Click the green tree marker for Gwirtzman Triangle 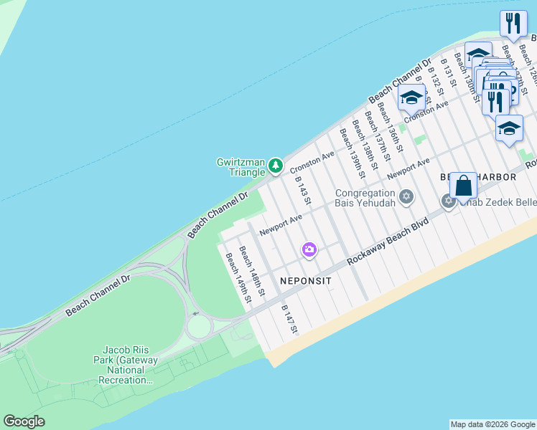[x=276, y=166]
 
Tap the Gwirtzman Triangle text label [x=242, y=167]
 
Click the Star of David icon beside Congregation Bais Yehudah [x=406, y=196]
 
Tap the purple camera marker [x=309, y=249]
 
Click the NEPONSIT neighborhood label [x=305, y=282]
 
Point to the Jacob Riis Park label [x=124, y=364]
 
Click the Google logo [x=24, y=421]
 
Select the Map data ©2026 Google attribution [x=492, y=424]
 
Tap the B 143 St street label [x=302, y=191]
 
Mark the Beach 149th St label [x=238, y=278]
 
